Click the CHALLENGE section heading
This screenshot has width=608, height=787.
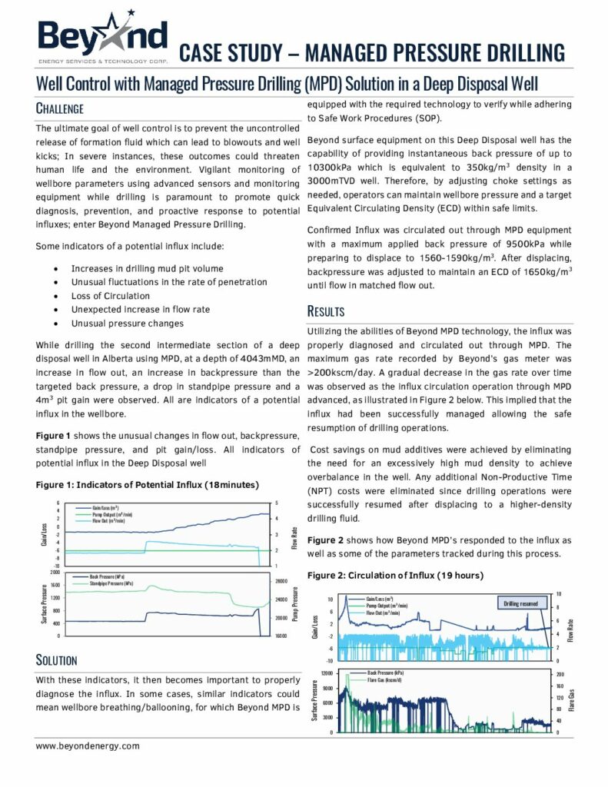(60, 108)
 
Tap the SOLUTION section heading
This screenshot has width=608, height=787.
(57, 659)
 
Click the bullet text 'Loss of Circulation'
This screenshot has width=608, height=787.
(111, 296)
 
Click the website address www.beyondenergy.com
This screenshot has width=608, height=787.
(88, 745)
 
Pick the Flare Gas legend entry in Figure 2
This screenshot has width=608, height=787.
(380, 679)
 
